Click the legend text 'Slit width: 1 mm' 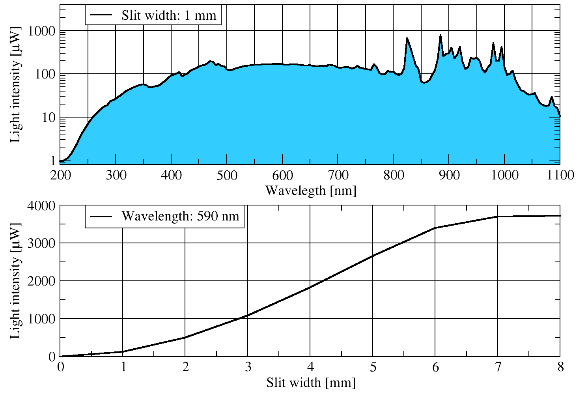click(169, 15)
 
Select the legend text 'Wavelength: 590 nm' click(180, 216)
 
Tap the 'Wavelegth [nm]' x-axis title click(311, 190)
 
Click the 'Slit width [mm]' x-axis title click(311, 383)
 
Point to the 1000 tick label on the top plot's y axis click(41, 31)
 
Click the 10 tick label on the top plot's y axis click(49, 118)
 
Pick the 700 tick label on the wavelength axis click(338, 175)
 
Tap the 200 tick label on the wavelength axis click(61, 175)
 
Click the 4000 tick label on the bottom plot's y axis click(41, 205)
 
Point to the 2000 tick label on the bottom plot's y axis click(41, 281)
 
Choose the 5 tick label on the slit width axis click(373, 368)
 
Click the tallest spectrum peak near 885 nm click(441, 35)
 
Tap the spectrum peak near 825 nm click(407, 38)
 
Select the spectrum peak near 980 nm click(493, 43)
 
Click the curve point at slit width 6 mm click(435, 228)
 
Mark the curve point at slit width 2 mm click(185, 338)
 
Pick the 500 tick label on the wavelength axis click(227, 175)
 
